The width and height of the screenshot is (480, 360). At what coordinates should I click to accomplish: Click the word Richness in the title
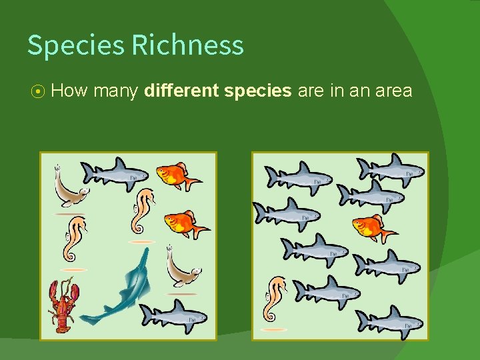(187, 45)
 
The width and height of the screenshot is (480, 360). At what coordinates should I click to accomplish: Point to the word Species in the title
(75, 45)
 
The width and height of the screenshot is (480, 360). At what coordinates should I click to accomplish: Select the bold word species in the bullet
(258, 91)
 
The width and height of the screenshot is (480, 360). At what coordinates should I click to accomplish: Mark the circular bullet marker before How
(38, 91)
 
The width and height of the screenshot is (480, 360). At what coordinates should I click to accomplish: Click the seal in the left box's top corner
(70, 187)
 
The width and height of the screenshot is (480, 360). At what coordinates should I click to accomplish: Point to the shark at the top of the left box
(114, 174)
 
